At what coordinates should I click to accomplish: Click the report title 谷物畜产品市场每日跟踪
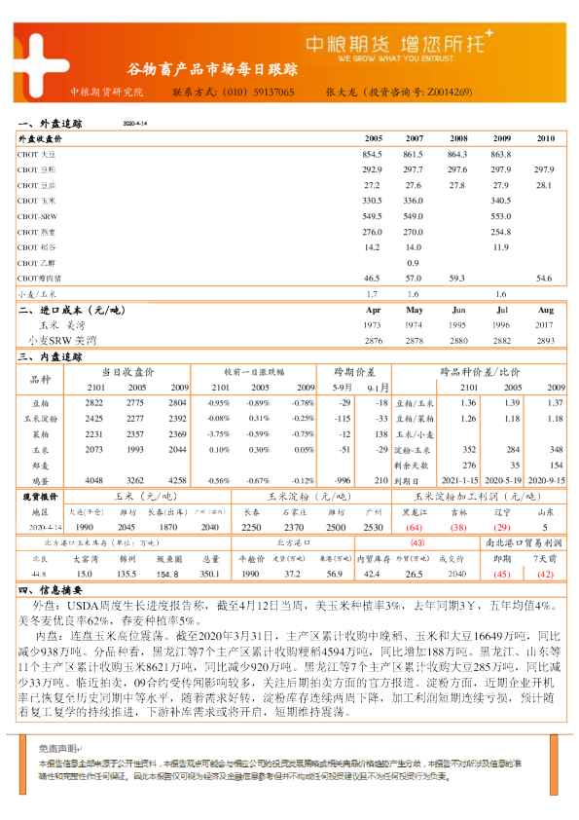coord(213,70)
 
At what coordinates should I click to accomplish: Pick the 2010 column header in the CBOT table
coord(545,139)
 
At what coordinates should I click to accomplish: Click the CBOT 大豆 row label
coord(38,155)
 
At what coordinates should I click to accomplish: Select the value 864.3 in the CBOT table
coord(457,155)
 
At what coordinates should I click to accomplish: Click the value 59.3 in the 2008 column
coord(457,279)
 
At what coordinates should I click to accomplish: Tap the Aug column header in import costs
coord(545,310)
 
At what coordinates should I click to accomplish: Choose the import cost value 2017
coord(545,324)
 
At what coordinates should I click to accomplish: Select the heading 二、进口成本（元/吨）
coord(73,310)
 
